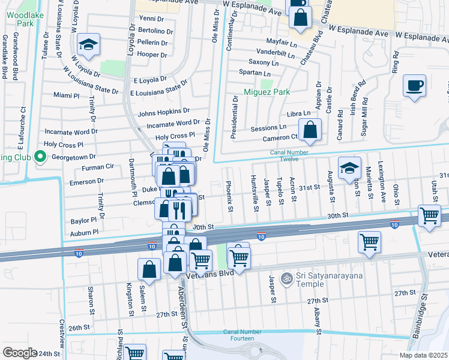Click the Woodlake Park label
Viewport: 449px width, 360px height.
tap(25, 17)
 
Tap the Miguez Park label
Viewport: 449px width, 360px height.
tap(267, 92)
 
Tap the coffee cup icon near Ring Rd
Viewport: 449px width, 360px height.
tap(414, 85)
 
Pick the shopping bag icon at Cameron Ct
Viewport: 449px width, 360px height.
tap(310, 129)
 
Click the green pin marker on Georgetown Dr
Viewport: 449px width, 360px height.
tap(40, 157)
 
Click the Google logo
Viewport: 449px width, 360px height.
tap(19, 352)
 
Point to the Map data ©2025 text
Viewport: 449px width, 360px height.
tap(423, 355)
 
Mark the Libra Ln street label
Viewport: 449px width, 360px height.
tap(298, 113)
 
